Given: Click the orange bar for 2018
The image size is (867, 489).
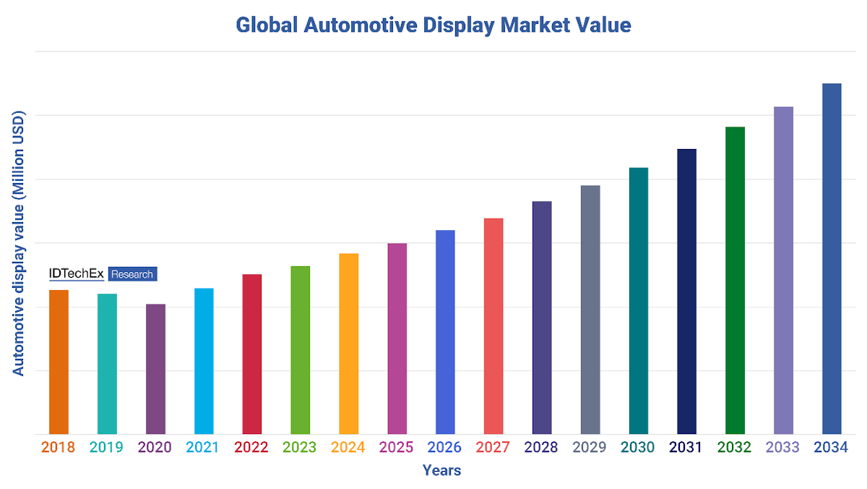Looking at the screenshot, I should pyautogui.click(x=59, y=362).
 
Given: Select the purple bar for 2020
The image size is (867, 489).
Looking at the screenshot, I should pyautogui.click(x=155, y=369).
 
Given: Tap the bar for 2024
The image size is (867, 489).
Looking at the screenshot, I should pyautogui.click(x=348, y=344).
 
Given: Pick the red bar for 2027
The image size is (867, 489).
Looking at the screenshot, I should pyautogui.click(x=493, y=326).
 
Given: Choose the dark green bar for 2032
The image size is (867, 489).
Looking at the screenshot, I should pyautogui.click(x=735, y=281).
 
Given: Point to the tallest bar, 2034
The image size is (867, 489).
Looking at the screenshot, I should pyautogui.click(x=832, y=259).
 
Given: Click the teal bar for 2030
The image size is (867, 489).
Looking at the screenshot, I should pyautogui.click(x=639, y=301).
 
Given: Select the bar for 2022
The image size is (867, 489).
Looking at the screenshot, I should pyautogui.click(x=252, y=354).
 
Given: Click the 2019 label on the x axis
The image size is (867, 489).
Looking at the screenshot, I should pyautogui.click(x=106, y=448).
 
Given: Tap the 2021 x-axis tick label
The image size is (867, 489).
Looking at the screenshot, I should pyautogui.click(x=203, y=448).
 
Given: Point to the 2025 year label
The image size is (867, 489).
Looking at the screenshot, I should pyautogui.click(x=396, y=448).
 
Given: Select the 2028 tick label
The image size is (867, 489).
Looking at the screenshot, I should pyautogui.click(x=541, y=448).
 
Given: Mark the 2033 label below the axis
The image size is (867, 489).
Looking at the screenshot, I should pyautogui.click(x=782, y=448).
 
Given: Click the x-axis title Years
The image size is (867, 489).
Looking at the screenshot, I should pyautogui.click(x=441, y=471).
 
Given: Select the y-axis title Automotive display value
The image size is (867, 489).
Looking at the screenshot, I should pyautogui.click(x=19, y=244).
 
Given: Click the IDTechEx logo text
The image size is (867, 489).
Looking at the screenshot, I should pyautogui.click(x=76, y=273).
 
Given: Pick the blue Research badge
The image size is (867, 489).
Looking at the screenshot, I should pyautogui.click(x=132, y=274).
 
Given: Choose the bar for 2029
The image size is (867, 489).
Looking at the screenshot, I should pyautogui.click(x=590, y=310).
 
